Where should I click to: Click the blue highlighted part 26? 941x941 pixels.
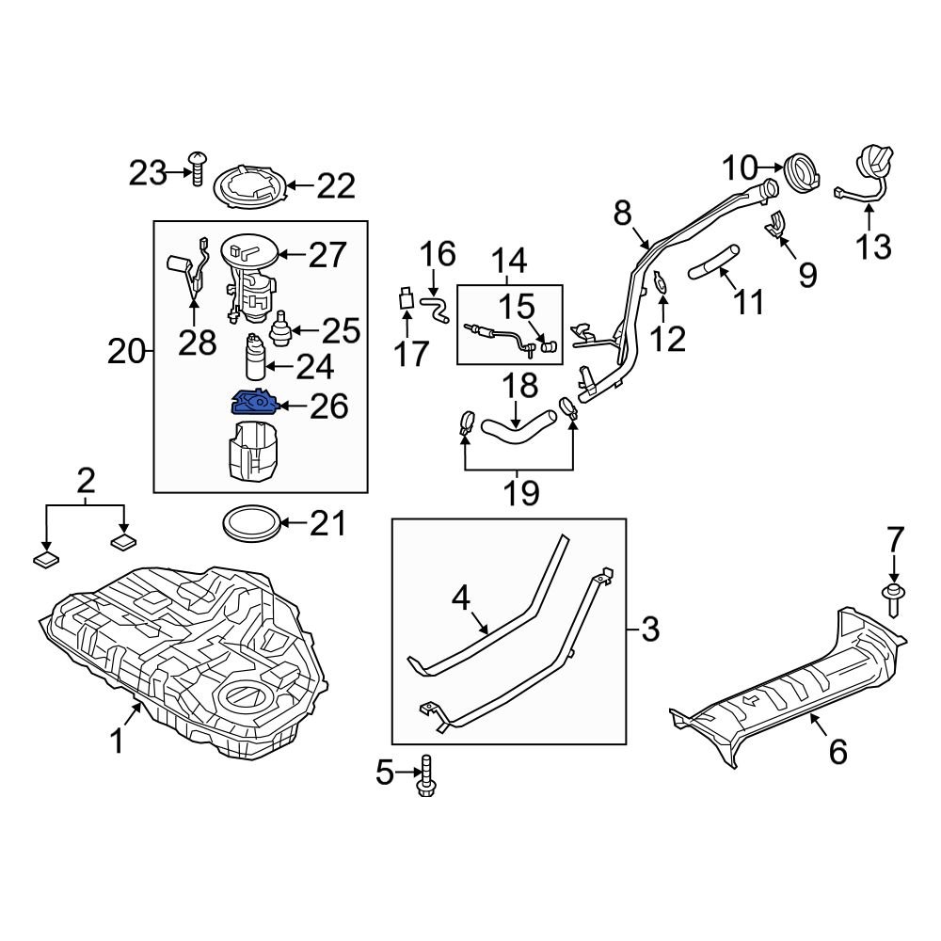tap(253, 404)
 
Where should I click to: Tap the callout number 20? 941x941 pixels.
tap(126, 353)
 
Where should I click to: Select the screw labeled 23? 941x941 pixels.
tap(198, 169)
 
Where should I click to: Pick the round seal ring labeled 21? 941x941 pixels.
tap(251, 523)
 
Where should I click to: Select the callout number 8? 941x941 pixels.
tap(622, 214)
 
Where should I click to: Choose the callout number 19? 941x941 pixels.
tap(519, 492)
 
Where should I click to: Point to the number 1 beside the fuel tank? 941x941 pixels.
tap(117, 742)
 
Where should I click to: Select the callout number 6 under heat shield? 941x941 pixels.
tap(837, 751)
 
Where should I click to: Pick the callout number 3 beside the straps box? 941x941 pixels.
tap(650, 629)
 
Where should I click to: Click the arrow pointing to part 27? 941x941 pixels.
tap(293, 253)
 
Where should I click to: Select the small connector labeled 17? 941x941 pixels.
tap(406, 300)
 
